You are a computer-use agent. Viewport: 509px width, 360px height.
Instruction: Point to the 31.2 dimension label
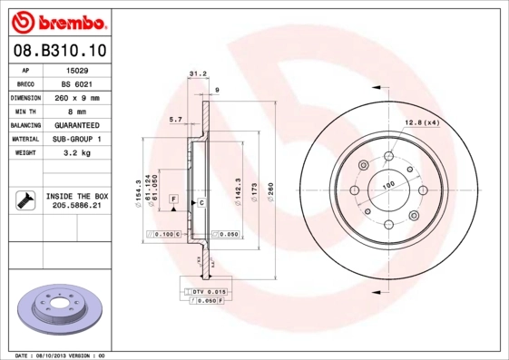click(194, 74)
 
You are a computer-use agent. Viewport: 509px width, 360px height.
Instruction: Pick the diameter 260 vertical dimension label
click(269, 191)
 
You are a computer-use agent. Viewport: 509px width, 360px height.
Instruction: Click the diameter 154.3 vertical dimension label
click(138, 191)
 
